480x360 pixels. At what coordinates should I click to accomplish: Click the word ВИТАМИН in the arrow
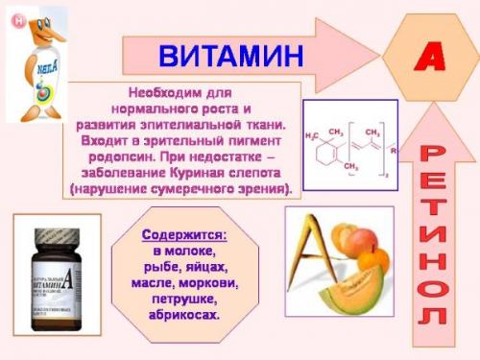click(230, 55)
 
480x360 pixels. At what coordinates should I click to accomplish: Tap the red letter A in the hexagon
click(429, 57)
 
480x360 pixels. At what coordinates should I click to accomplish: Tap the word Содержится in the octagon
click(184, 235)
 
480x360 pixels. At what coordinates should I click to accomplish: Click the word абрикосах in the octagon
click(184, 315)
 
